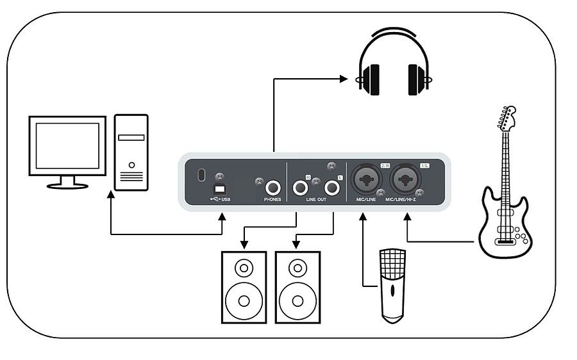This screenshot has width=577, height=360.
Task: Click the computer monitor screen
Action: point(67,145)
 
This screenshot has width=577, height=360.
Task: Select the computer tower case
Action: point(131,152)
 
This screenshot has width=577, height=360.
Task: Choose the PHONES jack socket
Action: point(273,188)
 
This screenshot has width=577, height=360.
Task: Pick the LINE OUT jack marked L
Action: point(332,188)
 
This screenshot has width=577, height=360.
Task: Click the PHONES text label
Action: point(272,200)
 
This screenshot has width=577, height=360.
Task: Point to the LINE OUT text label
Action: point(315,200)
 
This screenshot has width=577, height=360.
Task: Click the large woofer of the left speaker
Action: point(244,299)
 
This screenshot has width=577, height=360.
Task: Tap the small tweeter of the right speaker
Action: point(297,266)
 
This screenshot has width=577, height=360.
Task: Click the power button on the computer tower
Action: point(131,165)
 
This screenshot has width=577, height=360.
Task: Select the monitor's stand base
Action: point(67,184)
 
